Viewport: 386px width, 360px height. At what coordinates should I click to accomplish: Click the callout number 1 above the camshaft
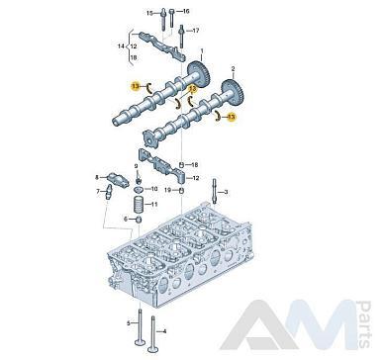(202, 51)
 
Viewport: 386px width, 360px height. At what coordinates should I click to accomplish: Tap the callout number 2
(233, 69)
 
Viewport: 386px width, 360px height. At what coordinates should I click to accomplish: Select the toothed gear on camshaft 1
(199, 75)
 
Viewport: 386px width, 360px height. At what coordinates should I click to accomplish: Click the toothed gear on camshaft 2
(233, 93)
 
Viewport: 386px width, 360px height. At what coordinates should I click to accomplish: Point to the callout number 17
(196, 31)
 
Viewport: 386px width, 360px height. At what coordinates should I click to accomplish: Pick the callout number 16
(186, 12)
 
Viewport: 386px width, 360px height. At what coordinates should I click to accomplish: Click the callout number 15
(150, 13)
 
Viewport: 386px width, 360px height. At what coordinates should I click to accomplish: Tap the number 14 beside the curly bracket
(121, 46)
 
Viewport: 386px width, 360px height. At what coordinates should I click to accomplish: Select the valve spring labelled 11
(139, 205)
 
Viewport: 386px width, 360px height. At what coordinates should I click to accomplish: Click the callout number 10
(154, 189)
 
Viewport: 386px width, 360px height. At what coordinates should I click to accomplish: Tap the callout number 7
(98, 191)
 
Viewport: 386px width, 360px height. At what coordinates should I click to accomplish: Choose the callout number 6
(126, 219)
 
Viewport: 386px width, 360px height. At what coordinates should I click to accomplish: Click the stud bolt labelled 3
(215, 191)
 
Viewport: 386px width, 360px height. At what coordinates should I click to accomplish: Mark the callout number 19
(168, 190)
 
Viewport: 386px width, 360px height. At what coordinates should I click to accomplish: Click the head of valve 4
(153, 349)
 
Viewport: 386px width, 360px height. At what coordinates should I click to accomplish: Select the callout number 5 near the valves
(129, 323)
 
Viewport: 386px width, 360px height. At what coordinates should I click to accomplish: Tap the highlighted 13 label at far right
(232, 117)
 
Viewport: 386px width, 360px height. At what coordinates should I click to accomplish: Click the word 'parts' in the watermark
(364, 324)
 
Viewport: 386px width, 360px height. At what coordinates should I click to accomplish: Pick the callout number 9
(136, 165)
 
